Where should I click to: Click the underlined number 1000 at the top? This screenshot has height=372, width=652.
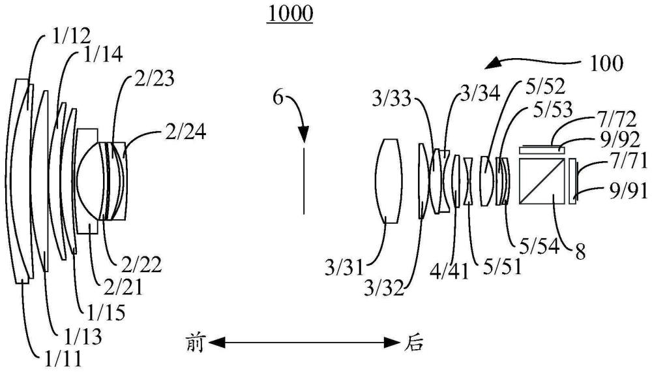pos(290,14)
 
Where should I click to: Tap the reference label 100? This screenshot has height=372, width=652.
pos(606,64)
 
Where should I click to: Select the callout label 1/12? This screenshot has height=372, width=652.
pos(71,37)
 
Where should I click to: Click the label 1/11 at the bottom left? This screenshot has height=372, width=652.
pos(63,358)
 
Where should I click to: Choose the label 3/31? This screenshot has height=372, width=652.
pos(344,268)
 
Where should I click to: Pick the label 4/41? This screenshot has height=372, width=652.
pos(451,271)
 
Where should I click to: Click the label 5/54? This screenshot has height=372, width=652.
pos(540,247)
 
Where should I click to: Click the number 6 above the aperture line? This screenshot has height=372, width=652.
pos(278,98)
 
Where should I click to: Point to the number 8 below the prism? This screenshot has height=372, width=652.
pos(580,251)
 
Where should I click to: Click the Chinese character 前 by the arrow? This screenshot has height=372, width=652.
pos(195,343)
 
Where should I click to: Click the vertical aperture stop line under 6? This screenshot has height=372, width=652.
pos(304,179)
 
